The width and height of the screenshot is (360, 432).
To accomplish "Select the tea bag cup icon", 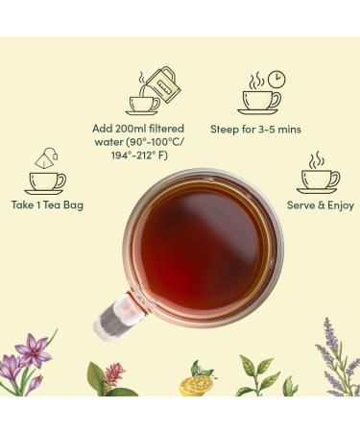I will [x=45, y=172].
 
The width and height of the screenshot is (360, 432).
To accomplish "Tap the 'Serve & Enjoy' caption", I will [x=320, y=205].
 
